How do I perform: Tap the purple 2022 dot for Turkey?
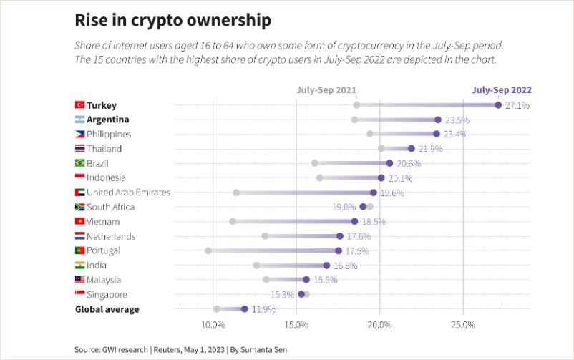(498, 105)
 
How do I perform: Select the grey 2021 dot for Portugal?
(208, 250)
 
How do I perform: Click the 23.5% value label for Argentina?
(457, 120)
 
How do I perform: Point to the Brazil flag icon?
(80, 163)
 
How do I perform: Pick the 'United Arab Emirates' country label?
(128, 193)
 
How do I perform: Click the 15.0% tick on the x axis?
(296, 325)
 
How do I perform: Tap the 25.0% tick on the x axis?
(463, 325)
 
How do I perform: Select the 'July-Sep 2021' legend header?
(326, 91)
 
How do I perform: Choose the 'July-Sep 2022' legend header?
(501, 91)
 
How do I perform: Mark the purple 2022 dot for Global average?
(245, 309)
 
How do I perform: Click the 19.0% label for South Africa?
(344, 207)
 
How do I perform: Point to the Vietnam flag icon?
(80, 222)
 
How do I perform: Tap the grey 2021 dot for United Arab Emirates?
(236, 193)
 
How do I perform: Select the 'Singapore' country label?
(107, 294)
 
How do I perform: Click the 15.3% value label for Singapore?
(282, 294)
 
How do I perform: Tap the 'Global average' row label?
(107, 309)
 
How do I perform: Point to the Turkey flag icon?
(80, 105)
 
